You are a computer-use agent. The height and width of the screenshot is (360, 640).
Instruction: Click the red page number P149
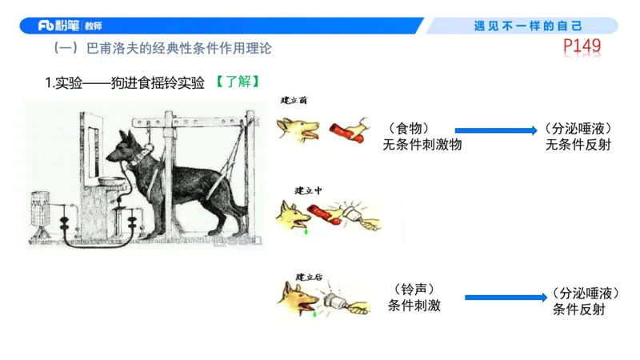point(582,48)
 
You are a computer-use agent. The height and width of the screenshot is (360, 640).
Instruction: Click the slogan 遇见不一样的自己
point(529,26)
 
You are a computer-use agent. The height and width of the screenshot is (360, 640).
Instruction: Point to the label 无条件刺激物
point(422,145)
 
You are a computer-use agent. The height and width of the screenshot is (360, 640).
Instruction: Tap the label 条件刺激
point(414,305)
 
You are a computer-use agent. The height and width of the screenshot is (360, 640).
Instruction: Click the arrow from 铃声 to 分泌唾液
point(504,298)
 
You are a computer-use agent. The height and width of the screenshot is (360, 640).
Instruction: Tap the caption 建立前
point(294,101)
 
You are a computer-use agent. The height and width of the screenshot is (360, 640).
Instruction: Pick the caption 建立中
point(308,190)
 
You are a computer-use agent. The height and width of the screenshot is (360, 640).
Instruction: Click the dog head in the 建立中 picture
point(291,214)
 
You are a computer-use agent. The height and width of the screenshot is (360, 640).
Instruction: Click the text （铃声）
point(414,289)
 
